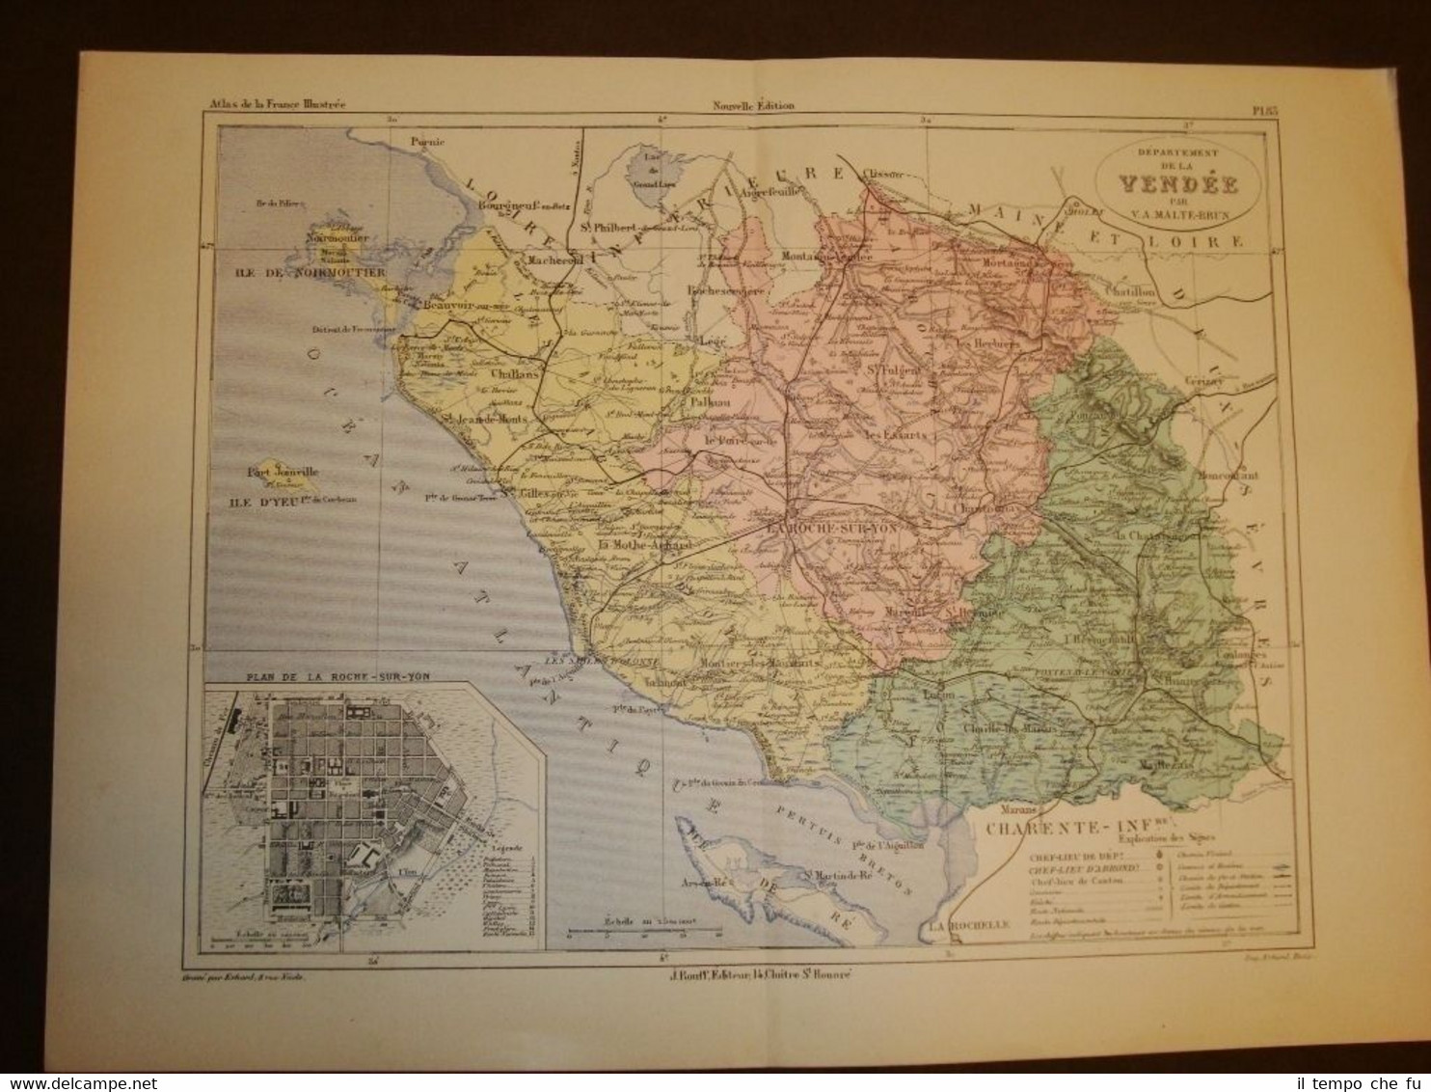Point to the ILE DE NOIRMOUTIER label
click(307, 273)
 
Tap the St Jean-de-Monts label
click(490, 418)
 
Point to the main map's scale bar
click(646, 933)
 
